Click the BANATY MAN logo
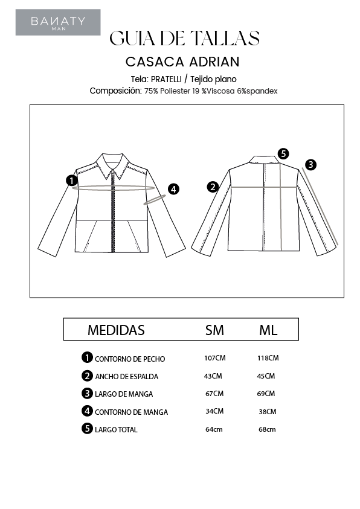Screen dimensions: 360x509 tap(58, 22)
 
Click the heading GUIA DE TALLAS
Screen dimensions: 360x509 tap(184, 39)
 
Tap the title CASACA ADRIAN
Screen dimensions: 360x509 tap(182, 62)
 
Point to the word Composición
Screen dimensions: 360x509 tap(115, 91)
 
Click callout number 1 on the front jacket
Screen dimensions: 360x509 tap(72, 180)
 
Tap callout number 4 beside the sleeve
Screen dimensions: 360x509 tap(173, 189)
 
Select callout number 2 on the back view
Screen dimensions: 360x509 tap(212, 187)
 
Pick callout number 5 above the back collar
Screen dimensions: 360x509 tap(284, 153)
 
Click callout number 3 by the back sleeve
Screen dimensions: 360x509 tap(310, 164)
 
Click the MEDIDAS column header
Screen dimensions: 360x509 tap(116, 330)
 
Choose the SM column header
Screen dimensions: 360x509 tap(214, 330)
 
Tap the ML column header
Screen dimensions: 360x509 tap(268, 330)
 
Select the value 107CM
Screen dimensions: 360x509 tap(214, 358)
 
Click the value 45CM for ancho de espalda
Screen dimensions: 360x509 tap(266, 376)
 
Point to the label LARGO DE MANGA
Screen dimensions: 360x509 tap(124, 394)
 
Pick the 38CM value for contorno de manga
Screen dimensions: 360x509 tap(267, 412)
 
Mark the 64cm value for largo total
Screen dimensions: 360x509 tap(214, 429)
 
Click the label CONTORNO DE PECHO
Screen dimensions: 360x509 tap(130, 359)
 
